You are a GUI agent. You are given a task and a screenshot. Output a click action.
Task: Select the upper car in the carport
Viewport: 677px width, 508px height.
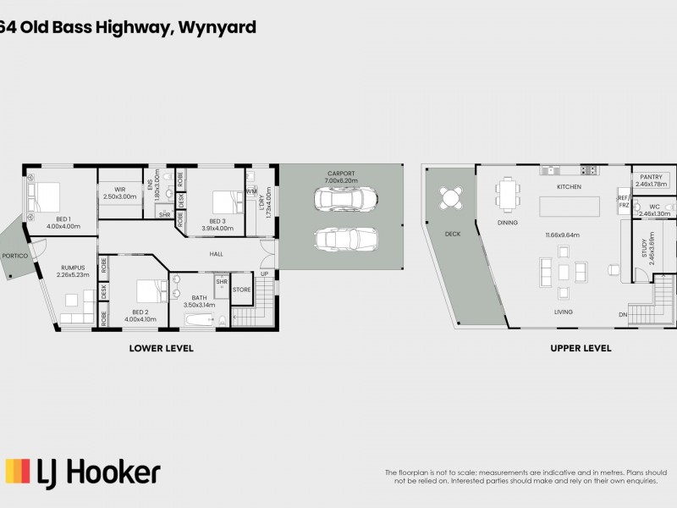[343, 200]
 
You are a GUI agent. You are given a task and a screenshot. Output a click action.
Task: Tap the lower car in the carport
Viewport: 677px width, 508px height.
[343, 238]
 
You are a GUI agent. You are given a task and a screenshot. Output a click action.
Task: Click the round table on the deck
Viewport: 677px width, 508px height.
[449, 198]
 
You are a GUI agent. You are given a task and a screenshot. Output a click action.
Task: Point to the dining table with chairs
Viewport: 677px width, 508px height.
[508, 194]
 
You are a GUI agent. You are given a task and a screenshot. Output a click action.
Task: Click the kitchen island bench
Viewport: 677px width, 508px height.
[568, 206]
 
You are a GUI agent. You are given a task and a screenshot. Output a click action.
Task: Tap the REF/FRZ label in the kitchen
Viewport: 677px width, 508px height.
[624, 202]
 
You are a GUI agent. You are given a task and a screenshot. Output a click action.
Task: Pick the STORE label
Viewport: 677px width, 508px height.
[242, 290]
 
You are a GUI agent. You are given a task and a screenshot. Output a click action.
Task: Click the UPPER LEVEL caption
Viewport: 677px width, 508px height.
[580, 348]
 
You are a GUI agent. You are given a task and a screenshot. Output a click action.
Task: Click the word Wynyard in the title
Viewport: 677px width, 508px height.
[217, 27]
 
